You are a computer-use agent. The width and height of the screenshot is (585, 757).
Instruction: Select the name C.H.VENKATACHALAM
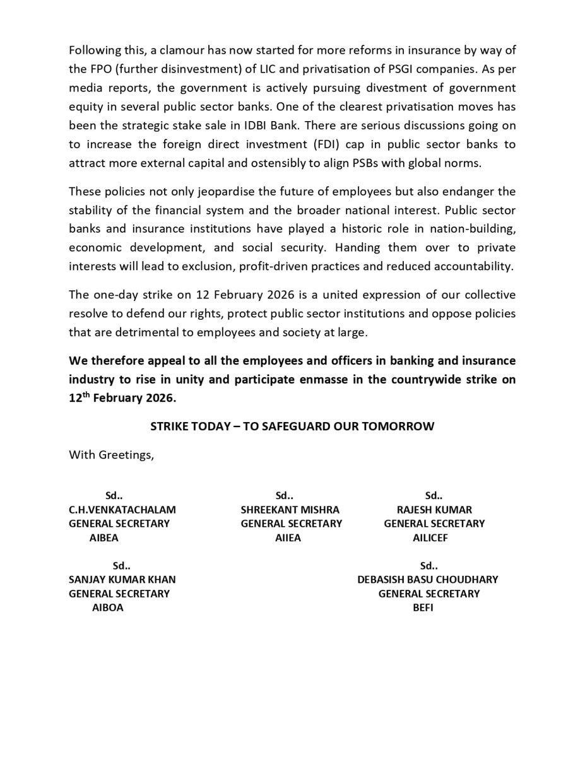(x=122, y=510)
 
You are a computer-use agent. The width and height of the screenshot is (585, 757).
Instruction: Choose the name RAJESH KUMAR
(x=434, y=510)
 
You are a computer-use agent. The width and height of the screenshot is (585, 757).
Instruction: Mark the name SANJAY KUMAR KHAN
(x=122, y=580)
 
